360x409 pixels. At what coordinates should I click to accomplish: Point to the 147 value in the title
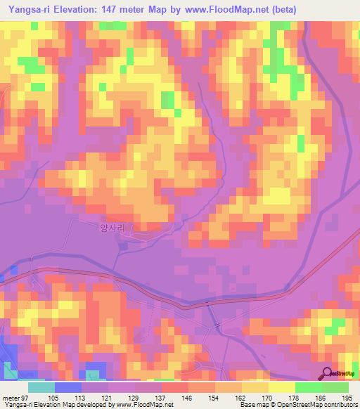(x=117, y=10)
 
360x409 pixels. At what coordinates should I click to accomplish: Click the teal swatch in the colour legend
(x=41, y=388)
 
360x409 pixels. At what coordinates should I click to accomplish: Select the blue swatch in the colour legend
(x=67, y=388)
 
